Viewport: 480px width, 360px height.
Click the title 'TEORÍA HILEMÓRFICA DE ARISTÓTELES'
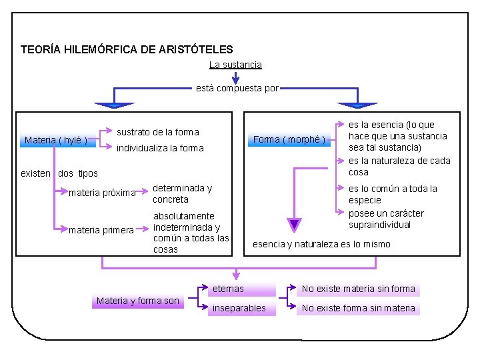tap(127, 49)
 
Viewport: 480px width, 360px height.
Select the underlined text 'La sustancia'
tap(235, 65)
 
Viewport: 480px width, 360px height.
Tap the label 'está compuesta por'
tap(237, 88)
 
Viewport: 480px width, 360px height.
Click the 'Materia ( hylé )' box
tap(56, 140)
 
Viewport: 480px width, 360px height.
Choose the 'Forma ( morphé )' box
tap(289, 139)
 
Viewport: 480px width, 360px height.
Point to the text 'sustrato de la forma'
tap(158, 132)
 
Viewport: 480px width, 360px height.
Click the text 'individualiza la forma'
tap(160, 148)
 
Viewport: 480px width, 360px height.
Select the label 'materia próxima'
tap(102, 193)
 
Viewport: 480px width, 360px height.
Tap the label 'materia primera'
tap(101, 231)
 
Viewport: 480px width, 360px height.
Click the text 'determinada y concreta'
tap(182, 193)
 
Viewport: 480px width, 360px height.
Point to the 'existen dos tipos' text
tap(59, 173)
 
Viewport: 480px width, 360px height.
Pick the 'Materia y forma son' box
tap(138, 301)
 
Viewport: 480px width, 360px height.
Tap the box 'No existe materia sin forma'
tap(358, 289)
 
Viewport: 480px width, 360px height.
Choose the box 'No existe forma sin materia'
tap(358, 308)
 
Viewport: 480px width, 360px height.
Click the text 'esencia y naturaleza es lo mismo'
tap(321, 244)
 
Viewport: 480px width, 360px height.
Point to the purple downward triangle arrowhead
tap(295, 225)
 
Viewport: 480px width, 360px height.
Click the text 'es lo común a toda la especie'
tap(393, 194)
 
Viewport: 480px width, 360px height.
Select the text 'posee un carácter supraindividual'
tap(386, 219)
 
